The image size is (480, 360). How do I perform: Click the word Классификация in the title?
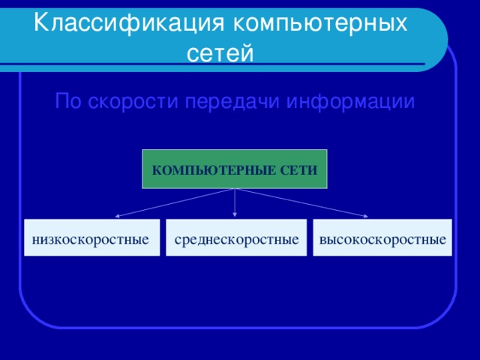pyautogui.click(x=130, y=23)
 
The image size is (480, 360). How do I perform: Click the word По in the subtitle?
pyautogui.click(x=70, y=101)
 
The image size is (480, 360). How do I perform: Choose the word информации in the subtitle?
pyautogui.click(x=351, y=101)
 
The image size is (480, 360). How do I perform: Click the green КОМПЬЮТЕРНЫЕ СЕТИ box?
pyautogui.click(x=235, y=169)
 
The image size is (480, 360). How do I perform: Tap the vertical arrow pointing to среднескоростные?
pyautogui.click(x=235, y=202)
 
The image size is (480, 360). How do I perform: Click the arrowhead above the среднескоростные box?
pyautogui.click(x=235, y=216)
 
